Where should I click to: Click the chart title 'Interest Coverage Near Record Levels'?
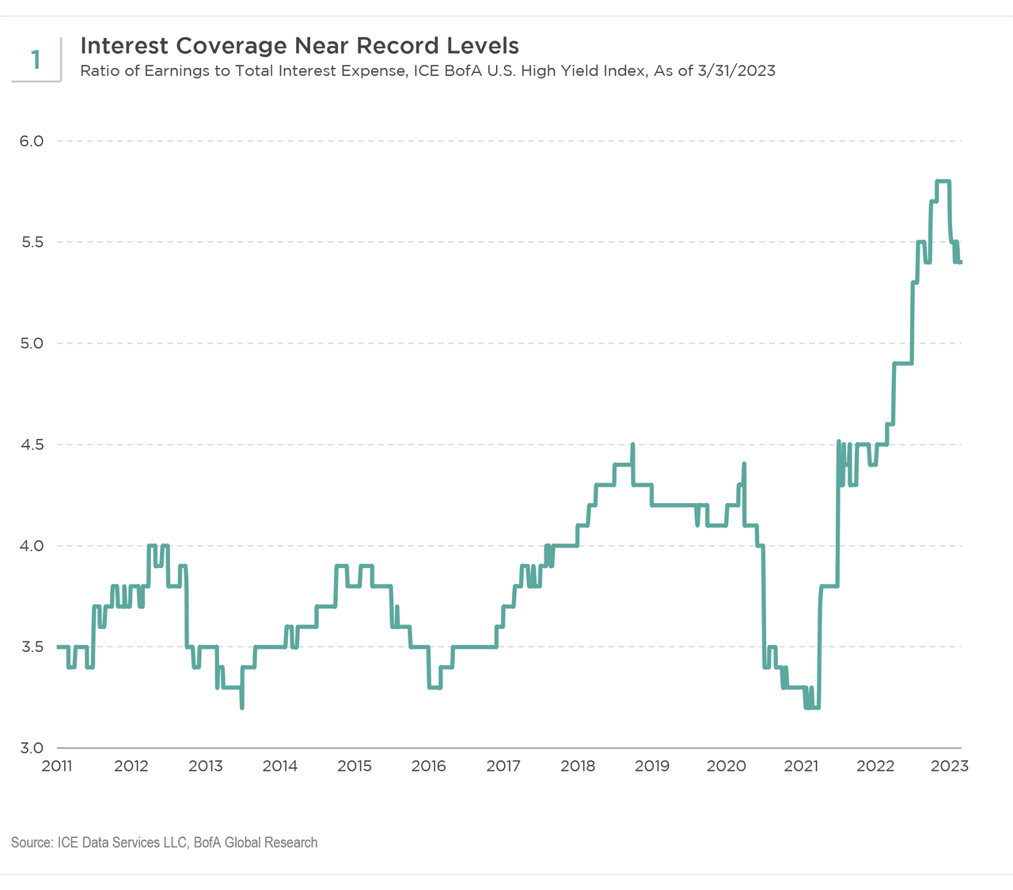(x=299, y=45)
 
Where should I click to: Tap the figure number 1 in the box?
(x=36, y=59)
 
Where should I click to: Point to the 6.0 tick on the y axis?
(x=31, y=141)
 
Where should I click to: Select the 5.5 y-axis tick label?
(x=31, y=242)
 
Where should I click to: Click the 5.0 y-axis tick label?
(x=31, y=343)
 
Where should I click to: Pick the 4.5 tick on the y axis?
(x=31, y=445)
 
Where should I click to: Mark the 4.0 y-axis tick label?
(x=31, y=546)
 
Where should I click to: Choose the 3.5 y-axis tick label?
(x=31, y=647)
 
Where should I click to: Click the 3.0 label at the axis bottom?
(x=31, y=748)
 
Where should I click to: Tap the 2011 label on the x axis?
(x=57, y=766)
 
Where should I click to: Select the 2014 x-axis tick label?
(x=280, y=766)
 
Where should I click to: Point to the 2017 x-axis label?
(x=503, y=766)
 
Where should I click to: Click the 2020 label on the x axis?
(x=727, y=766)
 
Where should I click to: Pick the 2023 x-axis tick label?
(x=950, y=766)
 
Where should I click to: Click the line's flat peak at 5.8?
(x=943, y=181)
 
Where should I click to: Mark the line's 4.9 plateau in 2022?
(x=903, y=363)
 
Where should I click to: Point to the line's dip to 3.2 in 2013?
(x=241, y=706)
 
